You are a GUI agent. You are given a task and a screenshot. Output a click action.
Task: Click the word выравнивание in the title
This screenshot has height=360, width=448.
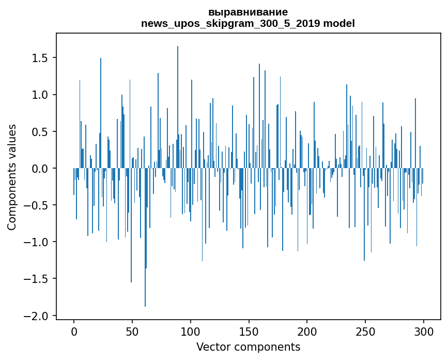pos(248,12)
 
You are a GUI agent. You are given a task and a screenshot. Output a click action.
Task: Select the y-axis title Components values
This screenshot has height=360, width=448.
pos(12,177)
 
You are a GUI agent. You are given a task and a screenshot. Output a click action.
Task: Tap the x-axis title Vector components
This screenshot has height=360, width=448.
pos(248,347)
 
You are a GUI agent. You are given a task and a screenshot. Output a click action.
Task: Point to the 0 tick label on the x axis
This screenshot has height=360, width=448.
pos(74,331)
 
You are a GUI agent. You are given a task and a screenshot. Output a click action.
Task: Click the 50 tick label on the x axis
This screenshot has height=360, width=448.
pos(132,331)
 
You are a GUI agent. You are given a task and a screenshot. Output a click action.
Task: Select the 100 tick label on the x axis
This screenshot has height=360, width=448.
pos(191,331)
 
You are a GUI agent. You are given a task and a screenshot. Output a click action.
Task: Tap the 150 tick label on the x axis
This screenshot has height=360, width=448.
pos(249,331)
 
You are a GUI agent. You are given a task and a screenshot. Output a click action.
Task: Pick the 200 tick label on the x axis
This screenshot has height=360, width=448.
pos(307,331)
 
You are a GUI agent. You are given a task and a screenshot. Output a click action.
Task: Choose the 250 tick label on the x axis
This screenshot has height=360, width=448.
pos(366,331)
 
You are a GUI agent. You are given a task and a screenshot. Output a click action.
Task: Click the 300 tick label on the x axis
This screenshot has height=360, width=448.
pos(424,331)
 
